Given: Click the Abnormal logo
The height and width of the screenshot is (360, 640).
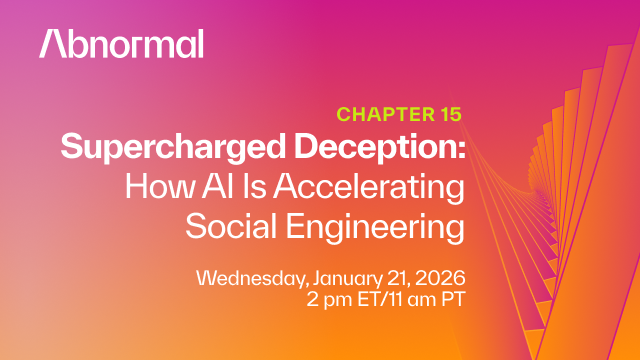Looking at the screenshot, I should point(121,43).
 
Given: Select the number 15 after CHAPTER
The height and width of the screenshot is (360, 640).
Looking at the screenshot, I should point(448,114).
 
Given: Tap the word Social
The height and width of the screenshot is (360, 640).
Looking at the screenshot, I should point(231,225).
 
